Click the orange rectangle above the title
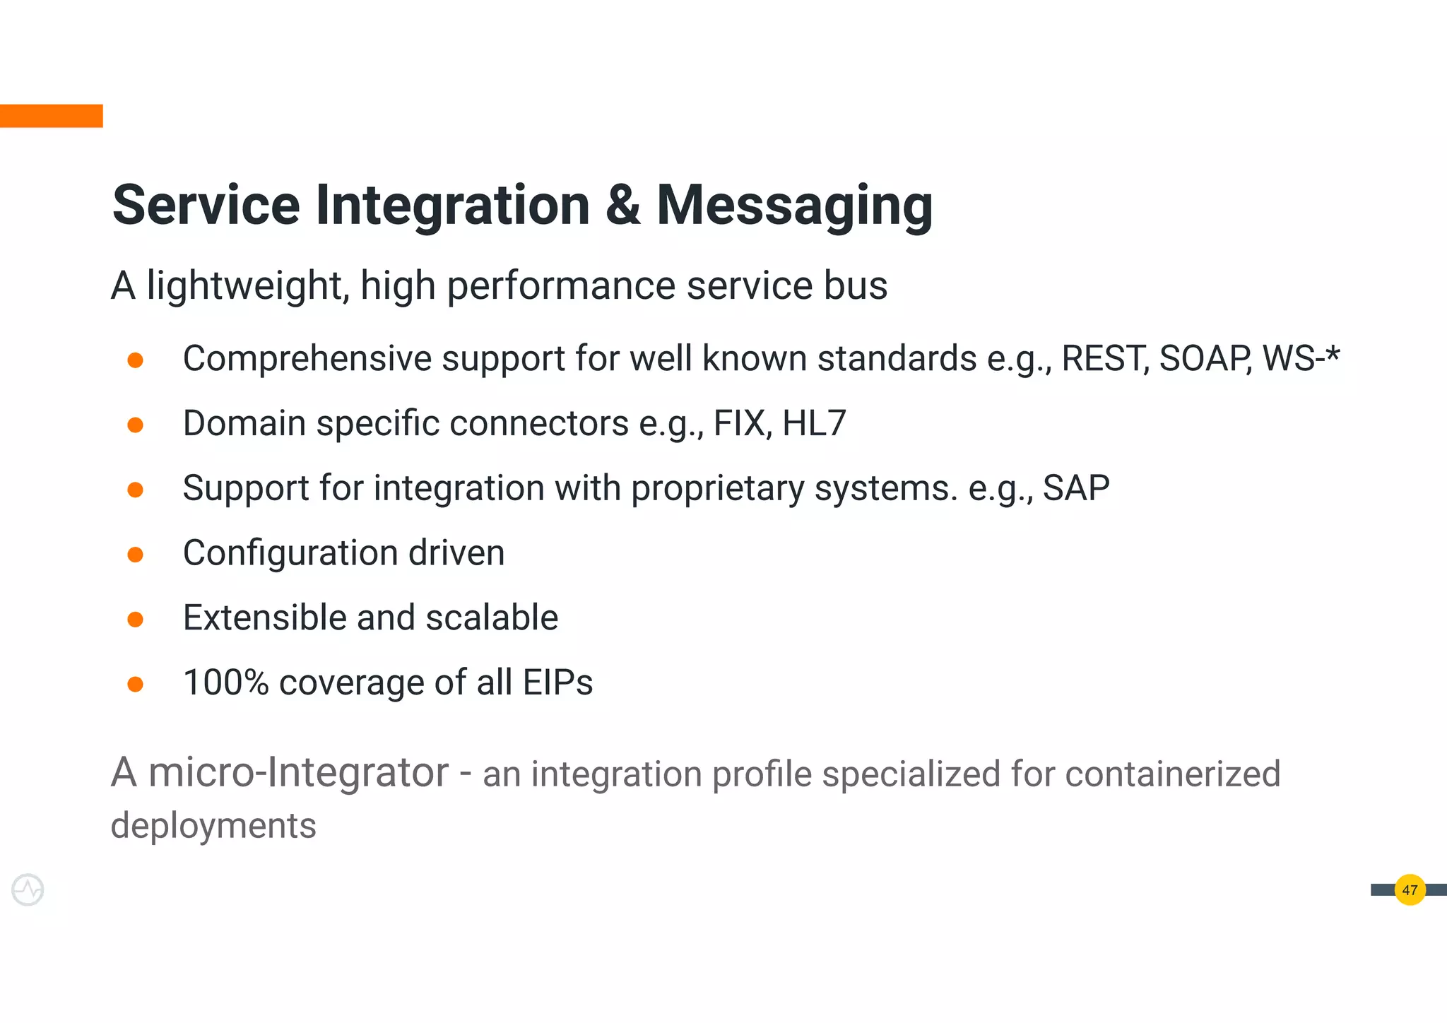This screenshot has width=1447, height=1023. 51,116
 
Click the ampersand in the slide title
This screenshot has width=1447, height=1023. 622,206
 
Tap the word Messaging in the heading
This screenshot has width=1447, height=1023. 794,206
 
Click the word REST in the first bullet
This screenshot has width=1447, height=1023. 1104,359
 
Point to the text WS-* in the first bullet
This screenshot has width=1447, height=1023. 1301,359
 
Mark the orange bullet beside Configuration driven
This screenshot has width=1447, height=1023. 136,555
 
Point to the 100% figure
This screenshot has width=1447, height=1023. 225,683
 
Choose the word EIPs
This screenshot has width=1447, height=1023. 557,683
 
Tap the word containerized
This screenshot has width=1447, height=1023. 1172,774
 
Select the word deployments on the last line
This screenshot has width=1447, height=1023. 213,826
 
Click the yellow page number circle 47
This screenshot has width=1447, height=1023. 1410,890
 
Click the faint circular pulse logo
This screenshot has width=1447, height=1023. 28,890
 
